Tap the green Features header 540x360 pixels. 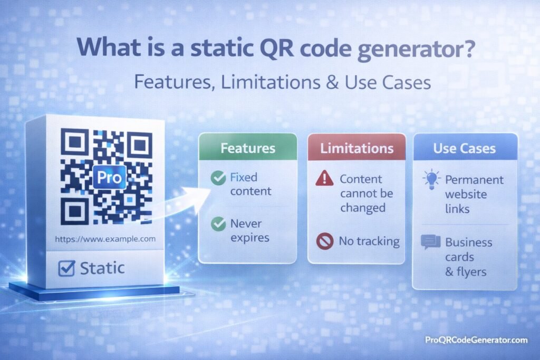pos(248,148)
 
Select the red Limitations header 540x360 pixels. pos(356,148)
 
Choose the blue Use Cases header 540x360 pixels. pos(464,148)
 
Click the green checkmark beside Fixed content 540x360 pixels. pos(218,179)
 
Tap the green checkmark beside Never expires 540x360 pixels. pos(218,225)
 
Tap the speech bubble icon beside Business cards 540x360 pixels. pos(430,242)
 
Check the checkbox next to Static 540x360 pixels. pos(66,268)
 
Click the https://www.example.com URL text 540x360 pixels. pos(105,239)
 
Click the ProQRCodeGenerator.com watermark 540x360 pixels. pos(476,340)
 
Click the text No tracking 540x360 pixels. pos(369,241)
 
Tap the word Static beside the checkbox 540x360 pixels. pos(102,268)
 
